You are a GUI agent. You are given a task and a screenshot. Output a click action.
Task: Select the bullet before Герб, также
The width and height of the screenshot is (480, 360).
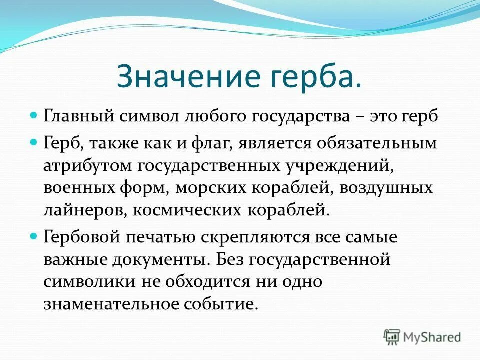(x=34, y=143)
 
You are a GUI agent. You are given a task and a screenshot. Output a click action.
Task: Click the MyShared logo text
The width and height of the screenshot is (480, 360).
(x=432, y=337)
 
